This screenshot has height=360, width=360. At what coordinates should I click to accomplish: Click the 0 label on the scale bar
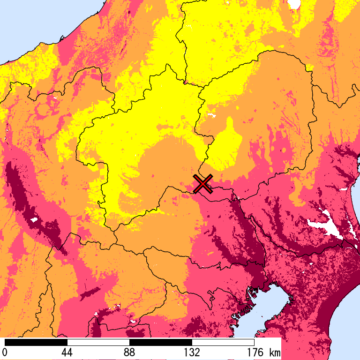(x=5, y=352)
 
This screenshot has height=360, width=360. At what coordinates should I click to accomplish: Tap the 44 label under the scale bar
(x=67, y=352)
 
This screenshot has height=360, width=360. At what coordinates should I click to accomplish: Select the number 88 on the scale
(x=129, y=352)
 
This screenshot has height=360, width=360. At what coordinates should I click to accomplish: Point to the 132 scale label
(x=192, y=352)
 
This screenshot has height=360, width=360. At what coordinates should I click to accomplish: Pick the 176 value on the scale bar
(x=254, y=352)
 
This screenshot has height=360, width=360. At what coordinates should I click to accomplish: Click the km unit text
(x=275, y=352)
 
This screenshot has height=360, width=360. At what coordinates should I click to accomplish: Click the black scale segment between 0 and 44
(x=36, y=342)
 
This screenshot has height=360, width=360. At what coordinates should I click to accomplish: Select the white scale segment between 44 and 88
(x=98, y=342)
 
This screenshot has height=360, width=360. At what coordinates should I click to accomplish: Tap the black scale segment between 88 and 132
(x=161, y=342)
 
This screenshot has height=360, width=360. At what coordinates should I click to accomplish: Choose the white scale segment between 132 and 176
(x=223, y=342)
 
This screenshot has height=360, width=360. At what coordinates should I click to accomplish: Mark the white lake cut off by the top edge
(x=294, y=4)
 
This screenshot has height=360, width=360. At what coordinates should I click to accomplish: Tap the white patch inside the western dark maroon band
(x=33, y=219)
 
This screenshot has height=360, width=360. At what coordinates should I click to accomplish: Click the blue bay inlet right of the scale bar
(x=277, y=305)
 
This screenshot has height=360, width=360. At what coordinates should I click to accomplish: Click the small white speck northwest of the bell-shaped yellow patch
(x=210, y=115)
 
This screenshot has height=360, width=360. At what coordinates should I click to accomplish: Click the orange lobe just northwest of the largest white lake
(x=300, y=197)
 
